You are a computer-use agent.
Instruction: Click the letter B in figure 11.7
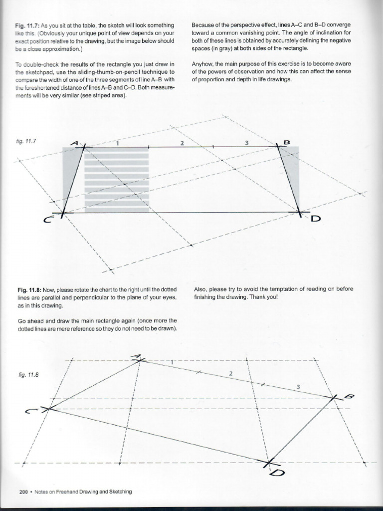(x=286, y=142)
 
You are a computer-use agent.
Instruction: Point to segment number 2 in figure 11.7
(x=182, y=143)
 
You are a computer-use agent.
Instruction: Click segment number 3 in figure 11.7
(x=246, y=143)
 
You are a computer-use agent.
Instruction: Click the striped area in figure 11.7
(x=117, y=180)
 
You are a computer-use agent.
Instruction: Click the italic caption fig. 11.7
(x=26, y=141)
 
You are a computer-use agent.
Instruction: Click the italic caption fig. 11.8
(x=26, y=372)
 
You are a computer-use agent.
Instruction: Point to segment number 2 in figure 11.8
(x=230, y=373)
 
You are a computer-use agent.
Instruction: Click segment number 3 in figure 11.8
(x=298, y=387)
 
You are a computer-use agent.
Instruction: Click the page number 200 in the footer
(x=23, y=492)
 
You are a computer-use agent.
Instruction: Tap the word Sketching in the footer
(x=120, y=492)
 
